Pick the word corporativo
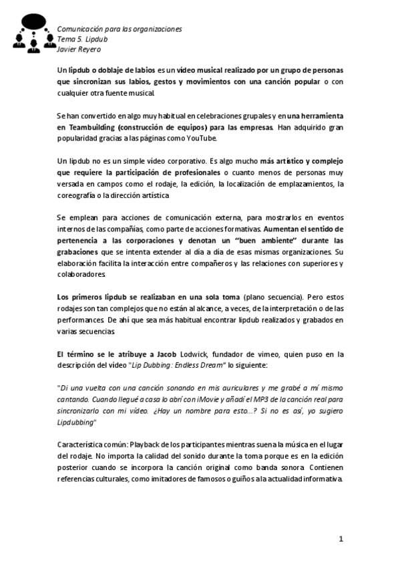click(x=178, y=162)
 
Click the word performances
click(x=83, y=321)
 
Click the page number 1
click(x=341, y=539)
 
